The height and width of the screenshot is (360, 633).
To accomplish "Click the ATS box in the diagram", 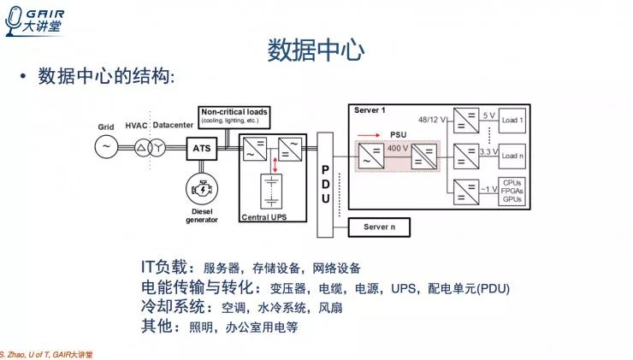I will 202,148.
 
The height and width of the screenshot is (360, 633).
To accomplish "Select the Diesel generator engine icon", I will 202,186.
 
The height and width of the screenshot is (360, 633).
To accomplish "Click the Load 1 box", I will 513,120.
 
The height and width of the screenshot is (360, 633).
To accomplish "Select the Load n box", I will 513,156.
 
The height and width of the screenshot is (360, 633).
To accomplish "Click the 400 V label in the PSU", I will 399,148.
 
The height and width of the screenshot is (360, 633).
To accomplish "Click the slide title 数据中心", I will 316,49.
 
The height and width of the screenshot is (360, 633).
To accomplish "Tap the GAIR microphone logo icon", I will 14,20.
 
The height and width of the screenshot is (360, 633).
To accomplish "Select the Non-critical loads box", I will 234,115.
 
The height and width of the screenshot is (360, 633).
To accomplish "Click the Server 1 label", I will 370,111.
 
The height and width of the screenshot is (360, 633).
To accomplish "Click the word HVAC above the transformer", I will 137,126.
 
